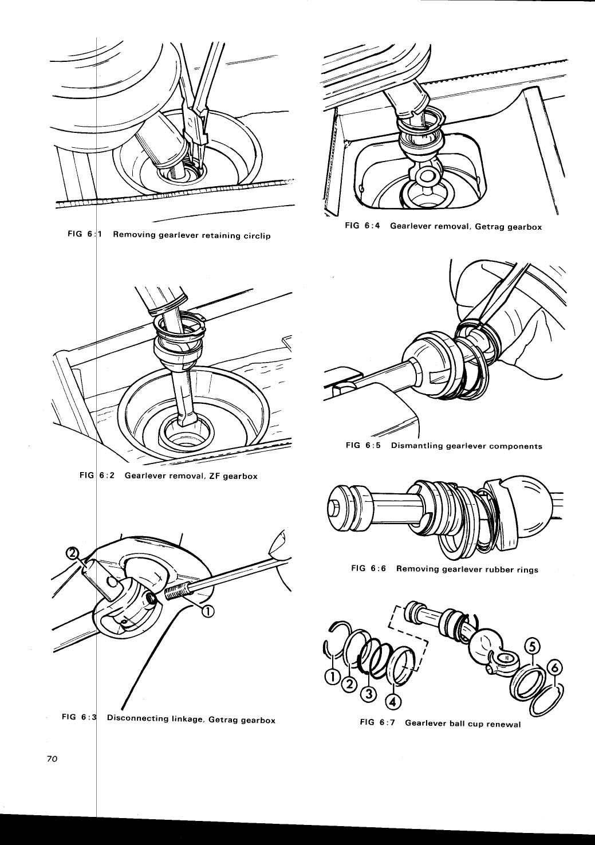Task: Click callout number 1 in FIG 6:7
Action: click(331, 677)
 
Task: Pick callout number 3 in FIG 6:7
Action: click(369, 694)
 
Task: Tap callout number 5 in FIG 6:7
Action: click(532, 646)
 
